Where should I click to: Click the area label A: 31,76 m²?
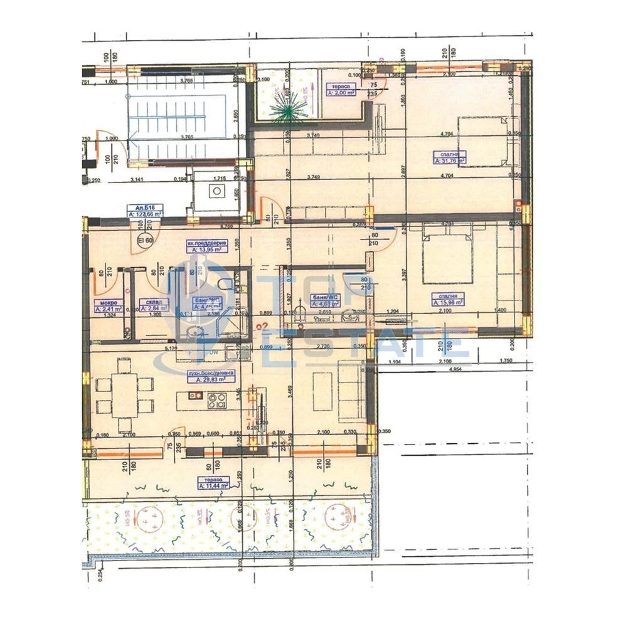coord(449,161)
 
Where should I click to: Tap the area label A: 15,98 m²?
coord(448,300)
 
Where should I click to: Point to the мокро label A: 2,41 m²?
coord(108,308)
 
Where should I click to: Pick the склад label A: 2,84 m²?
coord(152,308)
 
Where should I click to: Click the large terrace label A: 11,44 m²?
coord(213,485)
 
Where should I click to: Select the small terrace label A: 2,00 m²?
coord(341,92)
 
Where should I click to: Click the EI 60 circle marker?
coord(145,240)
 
